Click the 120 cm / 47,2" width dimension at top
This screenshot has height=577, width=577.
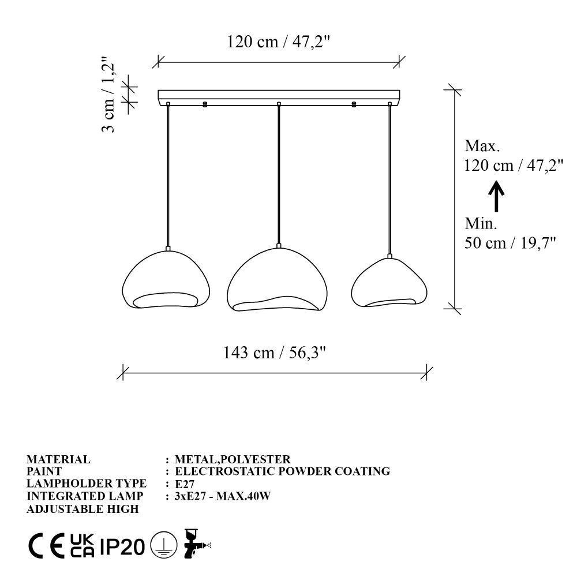tap(278, 42)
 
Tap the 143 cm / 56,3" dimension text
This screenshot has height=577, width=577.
tap(275, 353)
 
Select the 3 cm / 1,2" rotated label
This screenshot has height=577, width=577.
tap(108, 94)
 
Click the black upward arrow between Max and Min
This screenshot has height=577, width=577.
tap(496, 196)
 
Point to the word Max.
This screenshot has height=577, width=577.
tap(482, 146)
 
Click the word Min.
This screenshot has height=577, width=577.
tap(481, 223)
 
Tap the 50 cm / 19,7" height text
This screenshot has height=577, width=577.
tap(510, 243)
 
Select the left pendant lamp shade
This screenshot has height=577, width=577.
tap(166, 279)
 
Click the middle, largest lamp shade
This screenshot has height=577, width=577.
tap(277, 280)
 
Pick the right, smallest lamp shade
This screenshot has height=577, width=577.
tap(389, 282)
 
